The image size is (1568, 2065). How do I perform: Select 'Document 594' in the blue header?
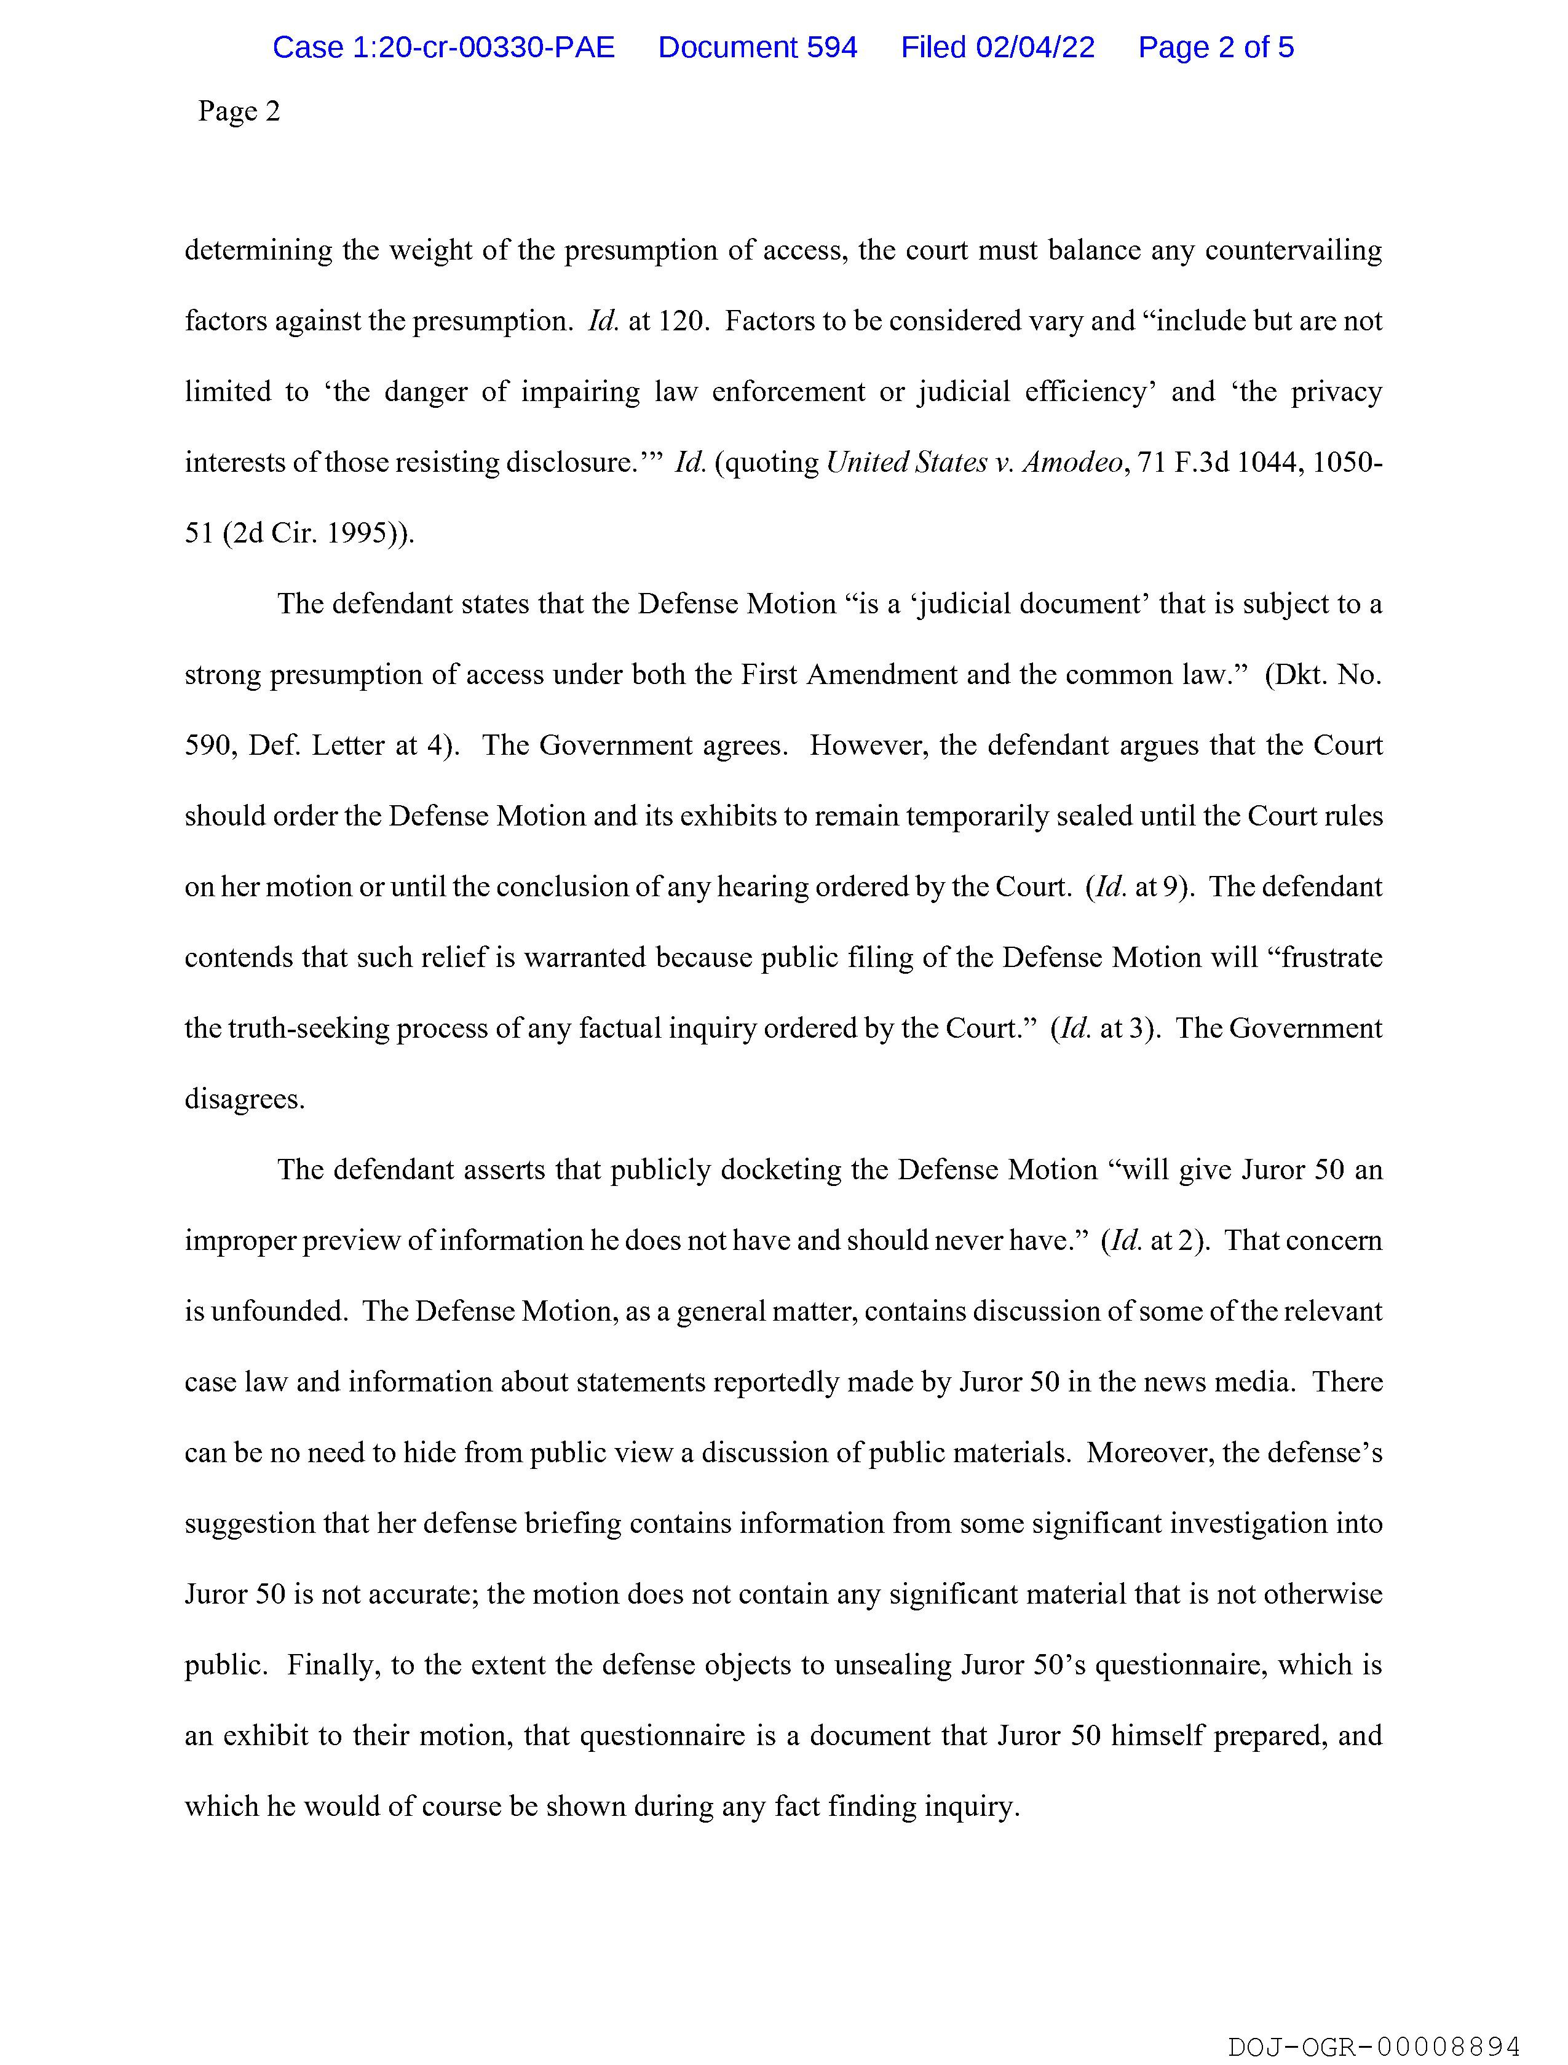tap(757, 47)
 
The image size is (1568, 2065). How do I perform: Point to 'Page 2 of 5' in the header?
tap(1215, 47)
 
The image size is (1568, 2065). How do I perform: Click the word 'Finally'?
tap(331, 1665)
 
